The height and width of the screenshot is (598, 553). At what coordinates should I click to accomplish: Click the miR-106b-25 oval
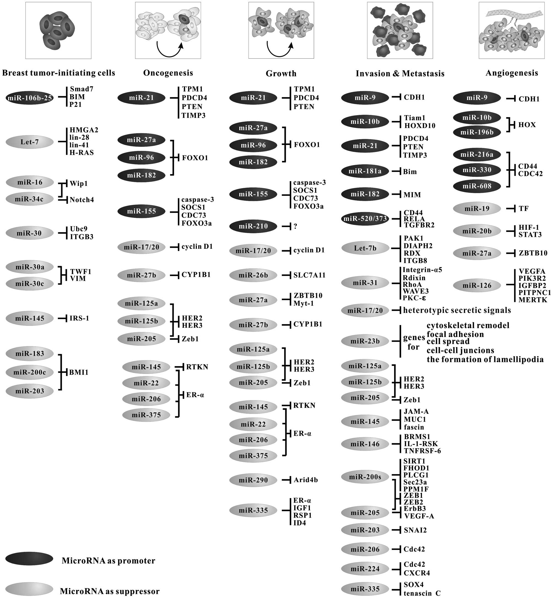30,98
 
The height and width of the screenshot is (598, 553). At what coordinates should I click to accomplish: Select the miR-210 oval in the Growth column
253,226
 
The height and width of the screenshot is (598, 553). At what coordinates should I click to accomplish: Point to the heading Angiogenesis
512,73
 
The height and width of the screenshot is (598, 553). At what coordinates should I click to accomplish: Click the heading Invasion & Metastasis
400,74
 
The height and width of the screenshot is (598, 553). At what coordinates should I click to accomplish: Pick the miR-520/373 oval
365,219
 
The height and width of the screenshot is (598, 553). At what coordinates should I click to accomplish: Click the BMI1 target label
79,373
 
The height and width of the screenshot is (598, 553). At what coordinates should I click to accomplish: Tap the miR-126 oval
477,286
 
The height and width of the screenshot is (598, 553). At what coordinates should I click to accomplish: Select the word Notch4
82,200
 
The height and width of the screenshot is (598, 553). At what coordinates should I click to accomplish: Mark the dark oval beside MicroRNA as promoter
29,559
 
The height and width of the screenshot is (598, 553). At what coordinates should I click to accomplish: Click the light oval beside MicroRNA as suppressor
29,589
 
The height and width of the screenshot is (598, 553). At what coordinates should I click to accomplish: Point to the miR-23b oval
365,341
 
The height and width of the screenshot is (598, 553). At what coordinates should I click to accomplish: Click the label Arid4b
305,480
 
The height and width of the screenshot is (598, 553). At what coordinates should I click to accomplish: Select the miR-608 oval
477,186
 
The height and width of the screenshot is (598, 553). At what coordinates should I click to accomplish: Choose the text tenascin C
422,593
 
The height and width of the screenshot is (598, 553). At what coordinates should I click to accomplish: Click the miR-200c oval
30,372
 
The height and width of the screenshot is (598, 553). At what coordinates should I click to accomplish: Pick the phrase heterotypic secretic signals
457,310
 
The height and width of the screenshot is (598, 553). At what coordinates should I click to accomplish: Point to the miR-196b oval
477,132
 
